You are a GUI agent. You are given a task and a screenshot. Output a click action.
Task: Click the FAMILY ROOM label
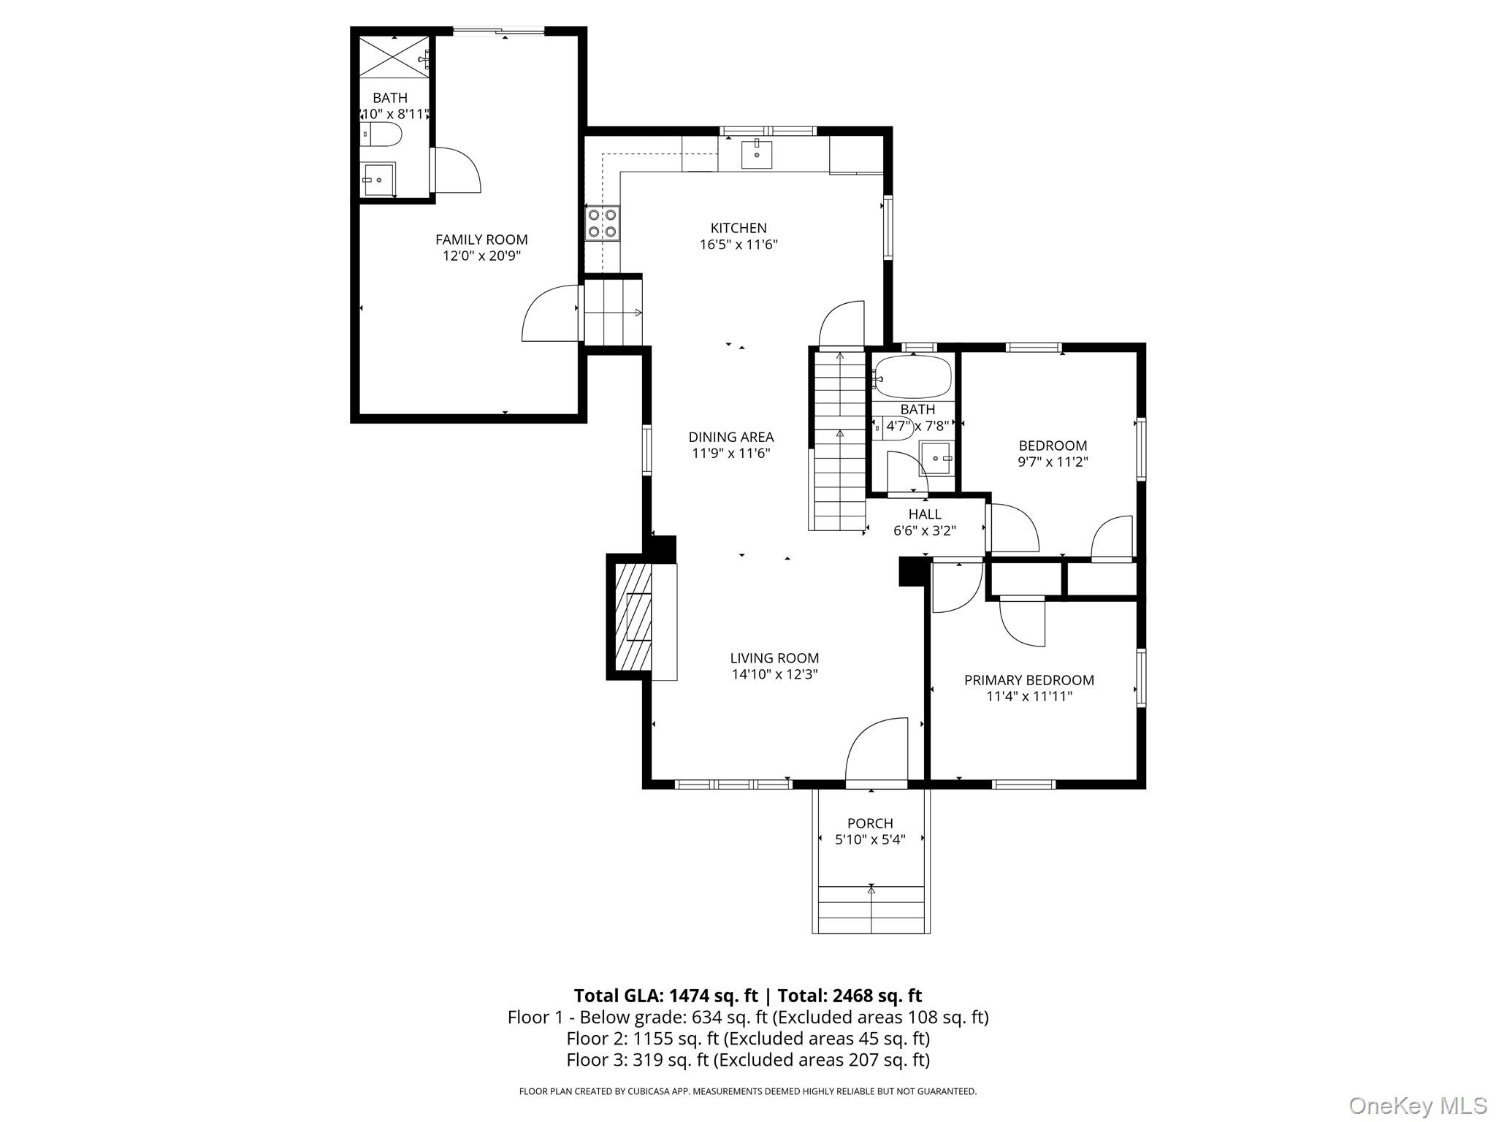481,240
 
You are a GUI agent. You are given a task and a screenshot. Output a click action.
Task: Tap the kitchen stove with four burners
602,224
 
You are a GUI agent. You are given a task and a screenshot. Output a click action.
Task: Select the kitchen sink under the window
756,154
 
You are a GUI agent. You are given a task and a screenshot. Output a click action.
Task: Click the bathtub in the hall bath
914,378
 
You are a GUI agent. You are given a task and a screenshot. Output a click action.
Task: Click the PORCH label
870,823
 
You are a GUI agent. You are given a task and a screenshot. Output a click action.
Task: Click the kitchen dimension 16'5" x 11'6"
739,245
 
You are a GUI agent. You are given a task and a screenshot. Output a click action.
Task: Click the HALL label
925,514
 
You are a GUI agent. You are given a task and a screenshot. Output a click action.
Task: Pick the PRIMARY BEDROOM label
1028,680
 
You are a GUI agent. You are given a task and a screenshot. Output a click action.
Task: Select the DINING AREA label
730,437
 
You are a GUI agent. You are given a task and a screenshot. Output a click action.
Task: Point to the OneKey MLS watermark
1417,1105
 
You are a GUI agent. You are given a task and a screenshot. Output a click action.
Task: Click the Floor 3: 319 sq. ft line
747,1059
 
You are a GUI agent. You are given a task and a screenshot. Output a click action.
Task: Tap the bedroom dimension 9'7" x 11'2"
1053,462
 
